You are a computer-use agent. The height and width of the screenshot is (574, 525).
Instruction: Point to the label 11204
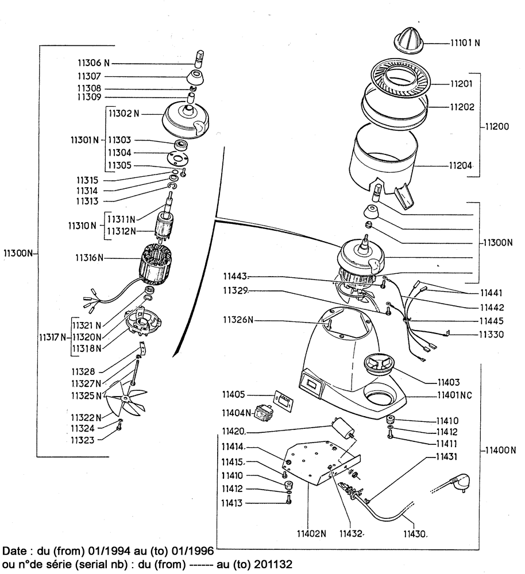461,166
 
